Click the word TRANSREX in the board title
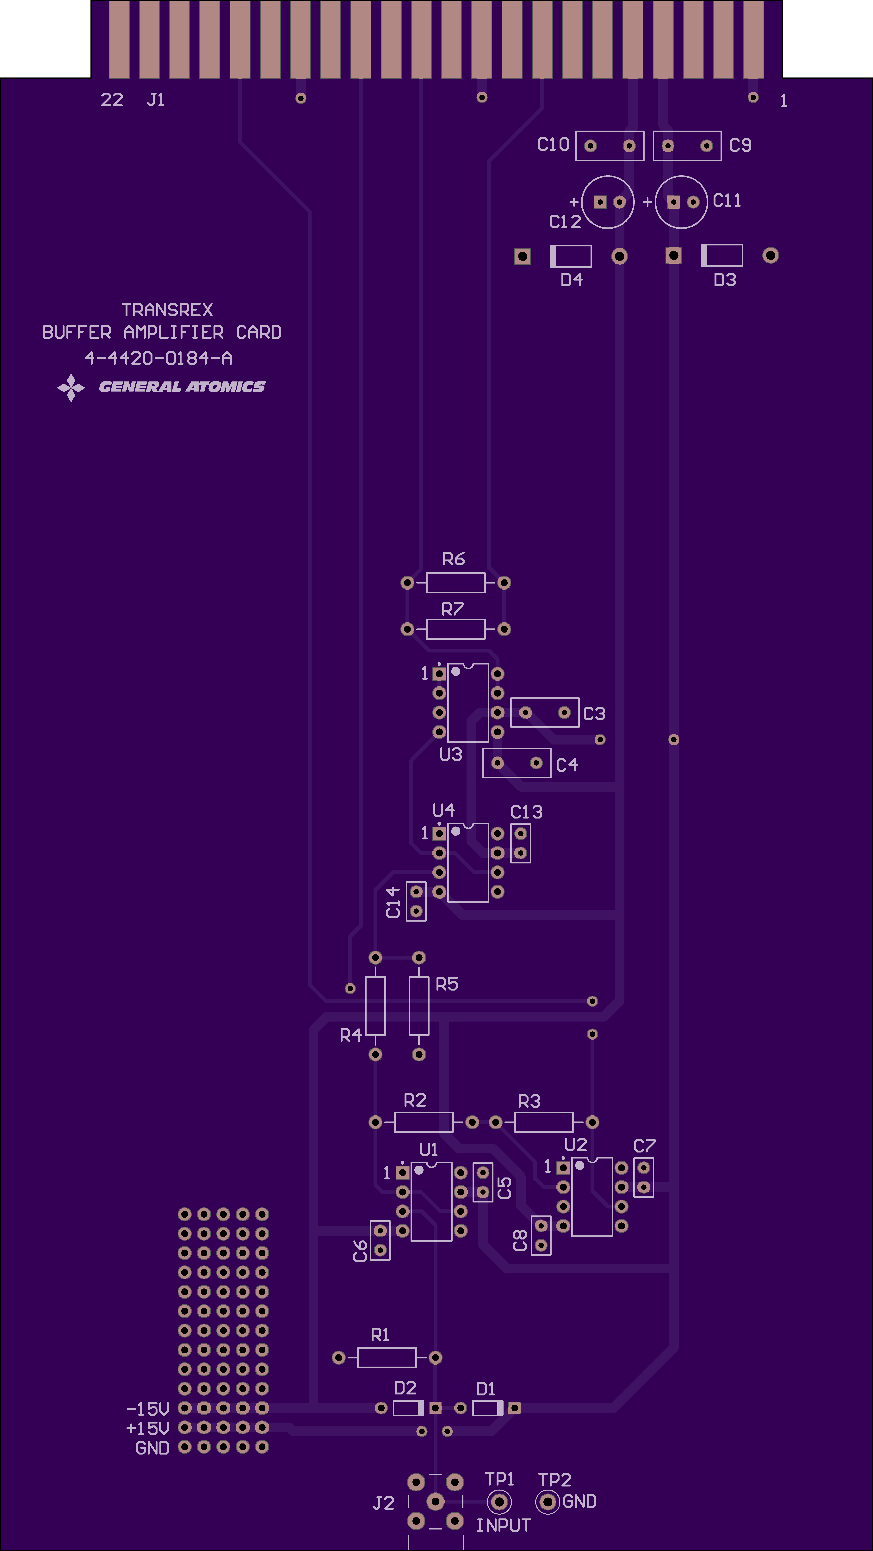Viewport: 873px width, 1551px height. (167, 310)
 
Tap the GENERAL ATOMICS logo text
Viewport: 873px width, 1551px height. (182, 386)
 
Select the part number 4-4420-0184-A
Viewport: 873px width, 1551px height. (158, 358)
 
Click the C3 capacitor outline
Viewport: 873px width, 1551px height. (545, 698)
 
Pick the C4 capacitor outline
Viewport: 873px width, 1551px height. (517, 748)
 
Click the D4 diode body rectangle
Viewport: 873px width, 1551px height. (571, 256)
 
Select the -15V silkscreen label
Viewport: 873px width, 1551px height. (147, 1410)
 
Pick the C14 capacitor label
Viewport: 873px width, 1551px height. (393, 902)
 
